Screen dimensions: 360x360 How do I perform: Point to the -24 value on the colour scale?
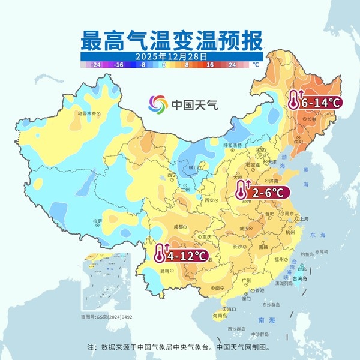click(x=94, y=64)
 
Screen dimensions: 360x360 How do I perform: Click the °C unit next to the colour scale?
click(x=255, y=64)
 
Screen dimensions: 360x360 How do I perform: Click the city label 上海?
click(x=304, y=219)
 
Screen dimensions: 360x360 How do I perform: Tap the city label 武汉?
click(x=244, y=229)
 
